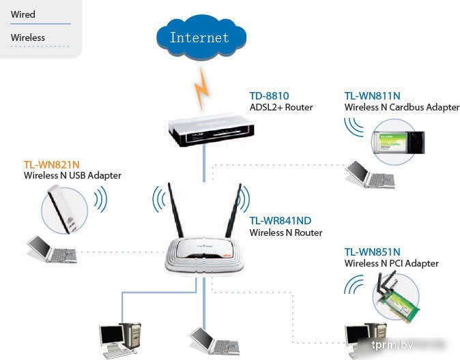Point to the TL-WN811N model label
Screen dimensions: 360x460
point(372,96)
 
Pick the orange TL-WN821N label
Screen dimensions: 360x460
point(52,164)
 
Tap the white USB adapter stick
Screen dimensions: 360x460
point(66,205)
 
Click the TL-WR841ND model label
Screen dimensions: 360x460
point(280,221)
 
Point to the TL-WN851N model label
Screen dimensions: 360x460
point(372,252)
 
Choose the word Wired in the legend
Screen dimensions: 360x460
point(23,14)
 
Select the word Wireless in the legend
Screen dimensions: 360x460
point(28,37)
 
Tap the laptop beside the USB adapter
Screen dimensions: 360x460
point(50,250)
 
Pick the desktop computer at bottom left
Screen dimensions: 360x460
point(120,340)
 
